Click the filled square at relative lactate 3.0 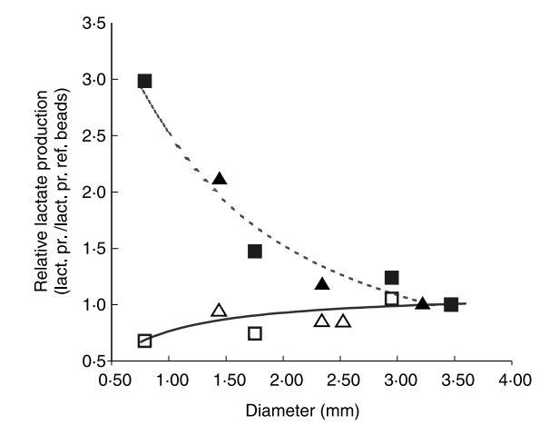click(x=144, y=81)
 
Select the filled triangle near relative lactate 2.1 click(x=219, y=179)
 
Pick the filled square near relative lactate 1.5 click(x=255, y=251)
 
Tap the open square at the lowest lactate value click(x=144, y=341)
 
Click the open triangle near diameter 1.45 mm click(x=219, y=311)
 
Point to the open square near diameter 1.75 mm click(x=255, y=333)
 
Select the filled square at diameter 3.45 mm click(x=451, y=304)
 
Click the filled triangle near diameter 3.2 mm click(x=422, y=302)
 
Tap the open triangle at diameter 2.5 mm click(x=343, y=321)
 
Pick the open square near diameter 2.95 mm click(x=392, y=299)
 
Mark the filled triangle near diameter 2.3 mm click(x=321, y=284)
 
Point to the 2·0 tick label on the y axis click(x=92, y=193)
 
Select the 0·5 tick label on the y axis click(x=92, y=361)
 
